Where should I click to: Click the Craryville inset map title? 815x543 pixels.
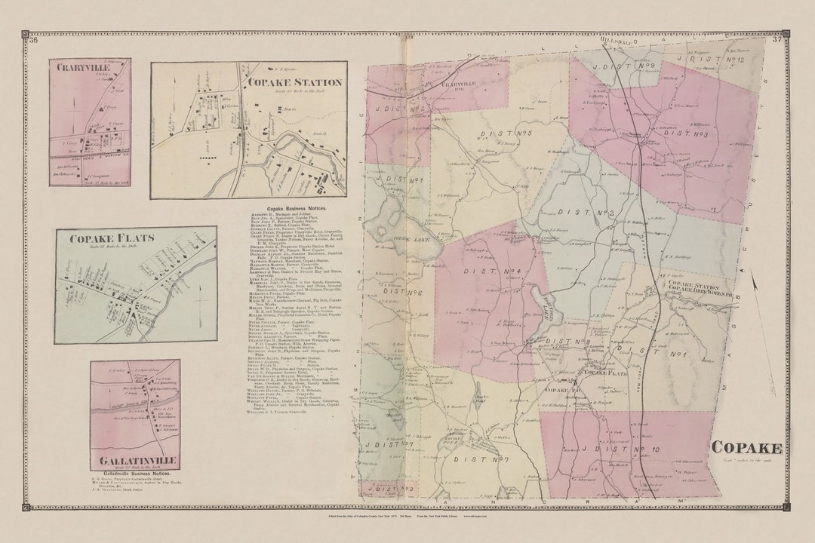coord(81,67)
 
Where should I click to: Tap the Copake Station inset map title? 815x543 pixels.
coord(294,82)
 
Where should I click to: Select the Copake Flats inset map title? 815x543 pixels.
coord(101,239)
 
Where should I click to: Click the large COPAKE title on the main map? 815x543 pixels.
coord(746,448)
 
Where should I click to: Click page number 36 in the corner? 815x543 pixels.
coord(33,40)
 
